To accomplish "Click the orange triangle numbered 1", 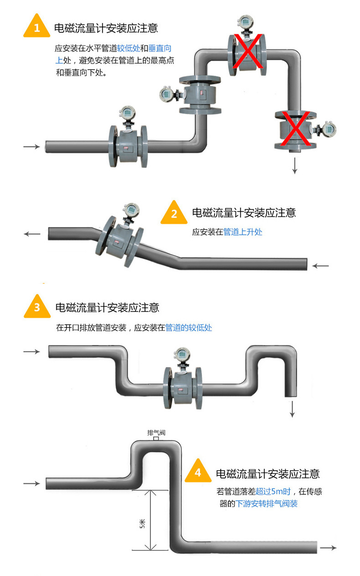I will click(36, 28).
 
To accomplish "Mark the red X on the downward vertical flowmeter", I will click(296, 130).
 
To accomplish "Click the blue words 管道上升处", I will click(243, 232).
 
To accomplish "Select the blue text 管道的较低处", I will click(189, 327).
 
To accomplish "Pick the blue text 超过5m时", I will click(273, 492).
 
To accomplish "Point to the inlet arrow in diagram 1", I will click(31, 146).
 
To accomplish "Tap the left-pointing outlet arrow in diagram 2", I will click(32, 234).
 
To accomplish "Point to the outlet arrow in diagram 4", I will click(328, 548).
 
